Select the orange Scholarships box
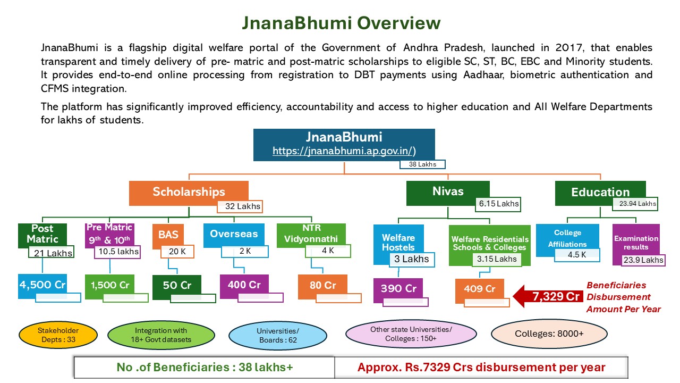(x=189, y=193)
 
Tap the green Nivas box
(x=448, y=192)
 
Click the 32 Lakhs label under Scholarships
(x=240, y=206)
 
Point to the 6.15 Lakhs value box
(x=498, y=203)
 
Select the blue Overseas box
(x=234, y=234)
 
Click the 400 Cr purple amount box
(x=244, y=285)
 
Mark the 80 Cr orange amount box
(x=322, y=286)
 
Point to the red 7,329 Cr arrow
(x=547, y=296)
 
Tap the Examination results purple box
(x=636, y=243)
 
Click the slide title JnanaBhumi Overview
(x=341, y=23)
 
